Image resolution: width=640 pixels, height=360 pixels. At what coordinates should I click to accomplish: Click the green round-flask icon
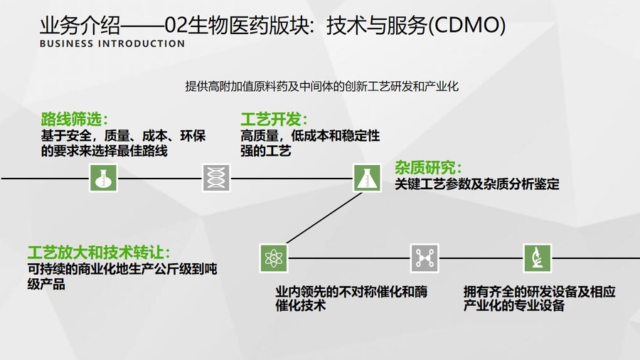(x=103, y=178)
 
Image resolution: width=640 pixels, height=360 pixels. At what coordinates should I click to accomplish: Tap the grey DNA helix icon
(x=216, y=178)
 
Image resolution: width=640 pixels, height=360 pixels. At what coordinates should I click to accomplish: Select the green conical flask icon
(x=368, y=178)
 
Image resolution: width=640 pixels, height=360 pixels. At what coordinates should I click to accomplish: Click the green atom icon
(x=274, y=258)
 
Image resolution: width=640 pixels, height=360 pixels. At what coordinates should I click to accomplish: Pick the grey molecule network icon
(x=425, y=258)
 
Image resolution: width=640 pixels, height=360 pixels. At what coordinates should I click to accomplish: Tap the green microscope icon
(x=538, y=258)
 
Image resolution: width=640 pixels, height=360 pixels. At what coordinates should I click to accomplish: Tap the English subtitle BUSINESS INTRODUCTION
(x=112, y=43)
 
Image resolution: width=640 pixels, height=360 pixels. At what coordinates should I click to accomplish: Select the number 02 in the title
(x=176, y=26)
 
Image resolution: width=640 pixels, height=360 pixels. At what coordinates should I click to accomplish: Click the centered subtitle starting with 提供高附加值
(x=321, y=87)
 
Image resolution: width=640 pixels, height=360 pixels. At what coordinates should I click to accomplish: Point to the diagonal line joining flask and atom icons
(x=324, y=218)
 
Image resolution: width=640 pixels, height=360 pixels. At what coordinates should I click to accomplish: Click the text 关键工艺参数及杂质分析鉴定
(x=476, y=184)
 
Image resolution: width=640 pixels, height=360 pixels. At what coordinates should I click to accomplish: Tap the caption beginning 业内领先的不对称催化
(x=351, y=298)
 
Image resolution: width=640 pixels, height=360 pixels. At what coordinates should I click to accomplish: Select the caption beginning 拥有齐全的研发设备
(x=539, y=298)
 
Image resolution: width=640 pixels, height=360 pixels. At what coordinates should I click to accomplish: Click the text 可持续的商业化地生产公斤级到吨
(x=122, y=269)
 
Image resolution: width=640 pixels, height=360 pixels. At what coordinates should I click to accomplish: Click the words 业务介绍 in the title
(x=80, y=26)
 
